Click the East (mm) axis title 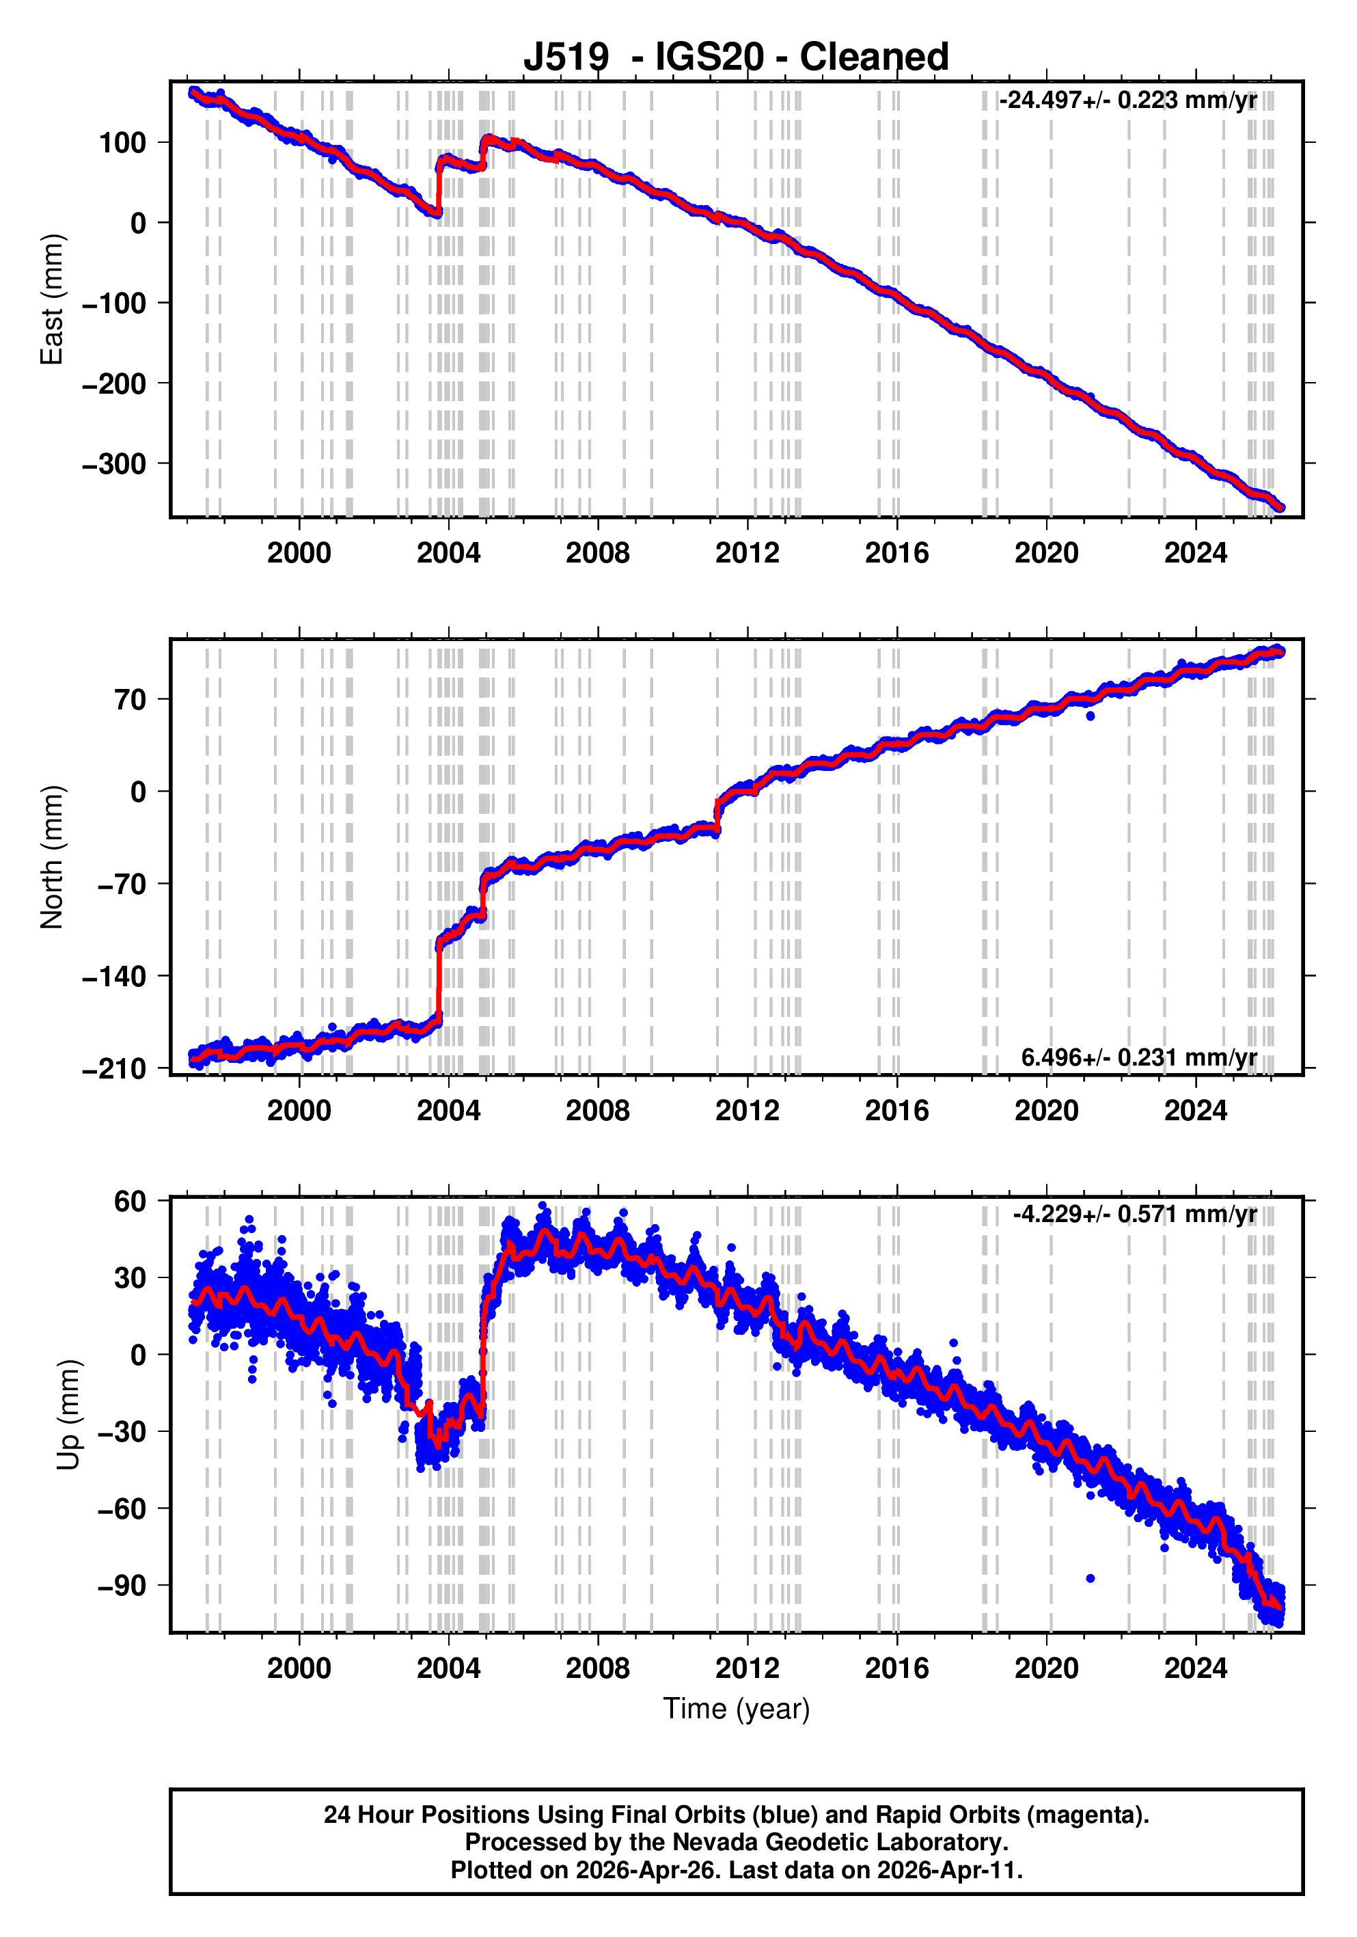pyautogui.click(x=53, y=299)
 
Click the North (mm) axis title pyautogui.click(x=53, y=856)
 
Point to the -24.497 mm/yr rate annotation pyautogui.click(x=1127, y=100)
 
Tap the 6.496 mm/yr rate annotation pyautogui.click(x=1138, y=1057)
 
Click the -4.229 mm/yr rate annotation pyautogui.click(x=1134, y=1214)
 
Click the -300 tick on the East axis pyautogui.click(x=114, y=464)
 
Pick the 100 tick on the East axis pyautogui.click(x=122, y=143)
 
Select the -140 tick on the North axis pyautogui.click(x=114, y=977)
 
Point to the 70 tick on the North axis pyautogui.click(x=131, y=700)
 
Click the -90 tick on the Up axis pyautogui.click(x=122, y=1586)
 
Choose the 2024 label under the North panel pyautogui.click(x=1195, y=1111)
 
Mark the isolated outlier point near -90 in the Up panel pyautogui.click(x=1091, y=1578)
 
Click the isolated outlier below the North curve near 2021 pyautogui.click(x=1091, y=716)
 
